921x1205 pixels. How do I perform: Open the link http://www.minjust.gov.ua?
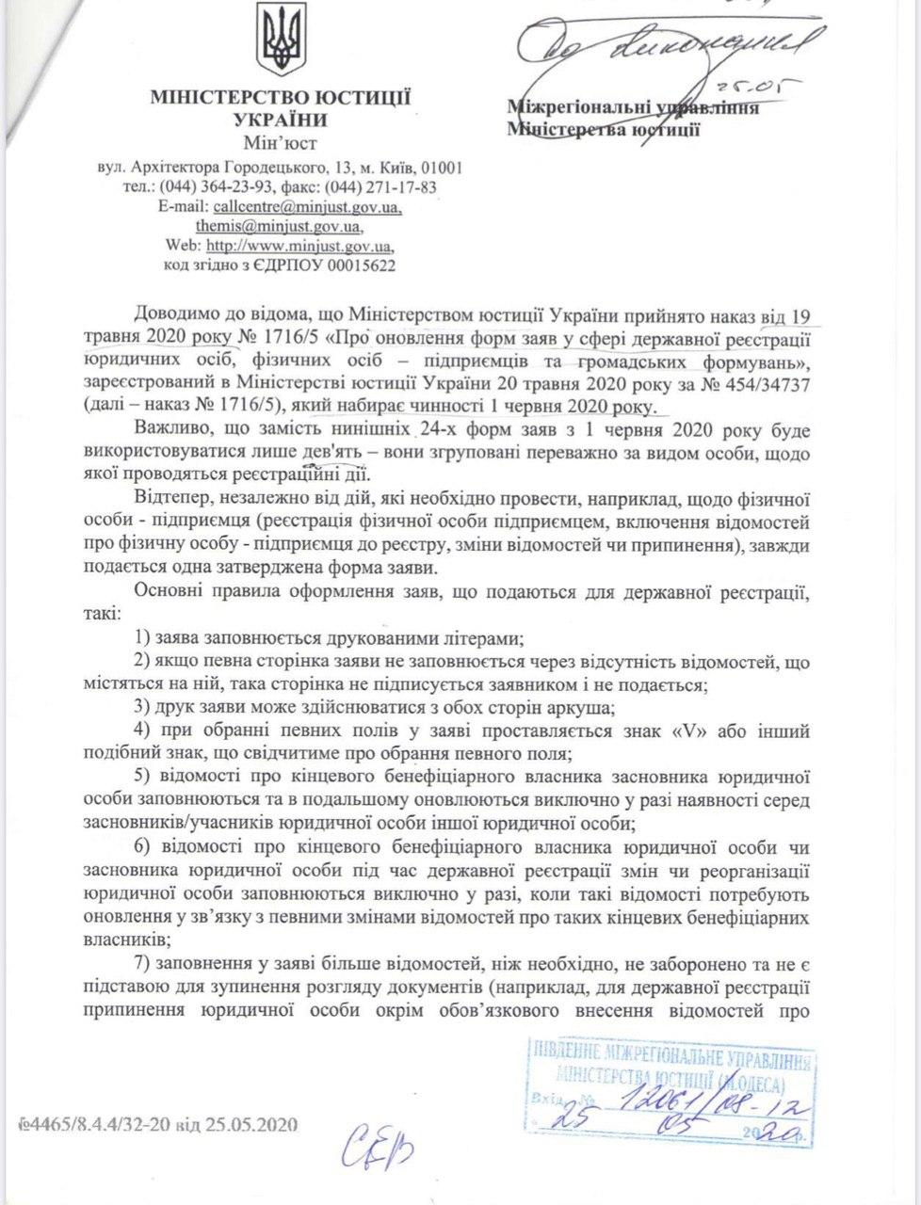tap(299, 247)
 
